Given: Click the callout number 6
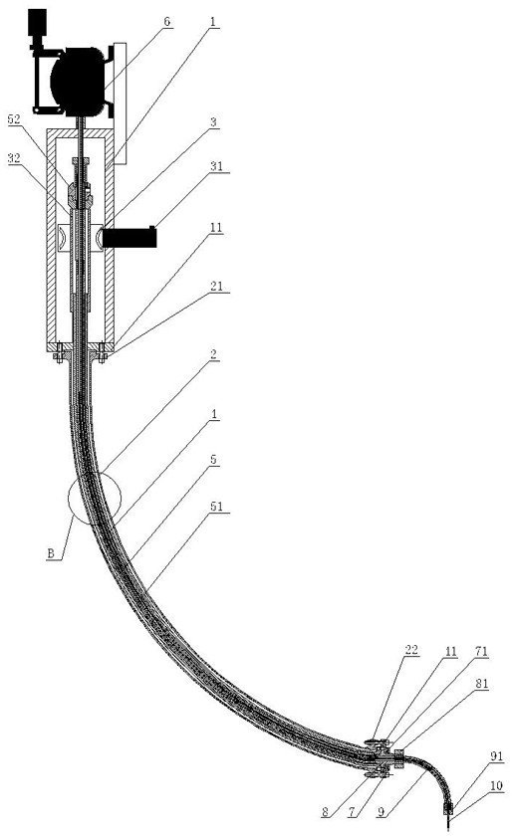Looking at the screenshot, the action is coord(167,22).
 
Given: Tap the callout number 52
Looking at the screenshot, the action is coord(14,119).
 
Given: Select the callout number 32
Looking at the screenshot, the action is coord(14,158).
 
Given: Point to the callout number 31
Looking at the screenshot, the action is coord(216,166).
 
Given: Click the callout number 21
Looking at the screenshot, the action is coord(216,287).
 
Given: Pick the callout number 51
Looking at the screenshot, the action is coord(217,507).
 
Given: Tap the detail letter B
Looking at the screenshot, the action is coord(51,553).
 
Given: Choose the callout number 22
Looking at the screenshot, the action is coord(411,650).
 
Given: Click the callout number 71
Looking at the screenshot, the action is coord(481,651).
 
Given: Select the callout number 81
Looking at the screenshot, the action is coord(481,684).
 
